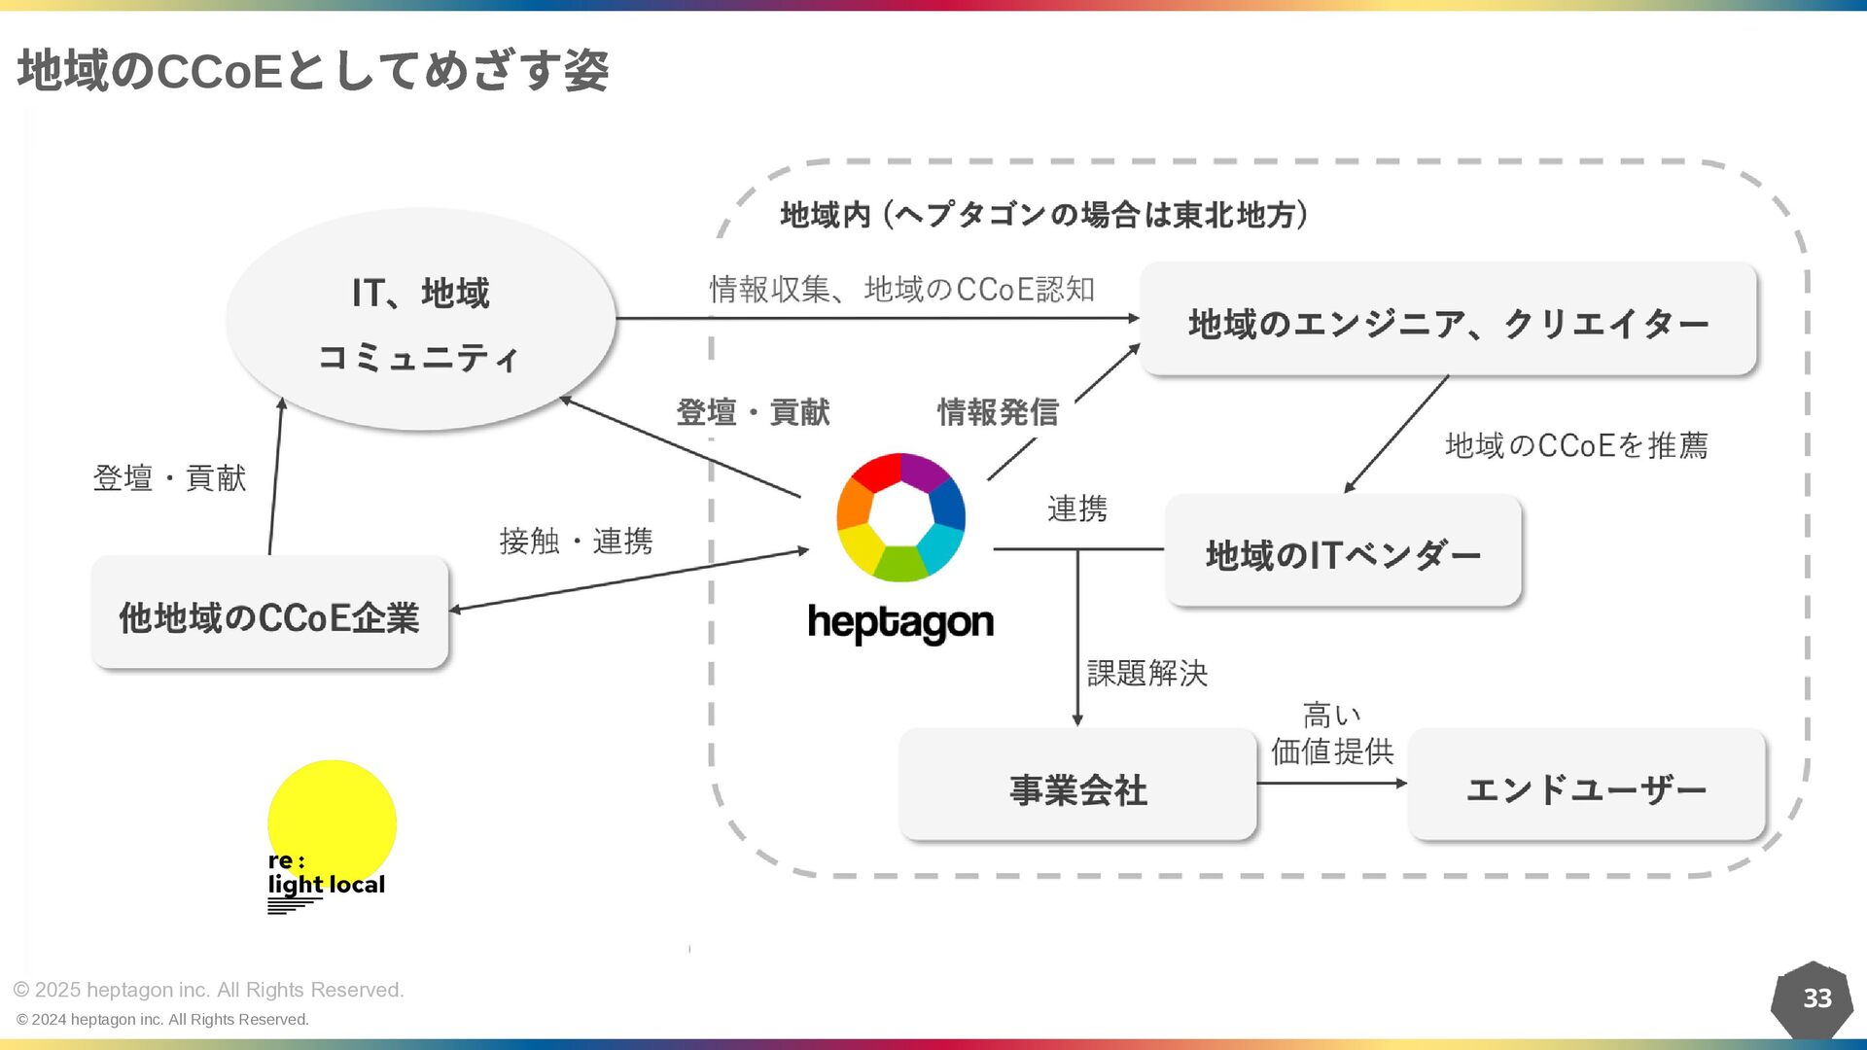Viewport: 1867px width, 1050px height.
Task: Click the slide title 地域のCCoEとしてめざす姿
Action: (x=313, y=71)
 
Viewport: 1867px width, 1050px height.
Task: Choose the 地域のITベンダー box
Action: (x=1343, y=552)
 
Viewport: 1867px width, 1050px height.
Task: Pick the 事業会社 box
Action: (x=1077, y=787)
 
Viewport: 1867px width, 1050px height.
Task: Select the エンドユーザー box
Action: (x=1586, y=787)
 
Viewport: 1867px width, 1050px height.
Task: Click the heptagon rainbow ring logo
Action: (x=900, y=517)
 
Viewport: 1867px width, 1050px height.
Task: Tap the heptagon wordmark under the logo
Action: (x=900, y=623)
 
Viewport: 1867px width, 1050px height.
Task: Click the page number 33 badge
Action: (x=1815, y=998)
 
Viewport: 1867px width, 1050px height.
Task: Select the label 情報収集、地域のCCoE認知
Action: (x=901, y=289)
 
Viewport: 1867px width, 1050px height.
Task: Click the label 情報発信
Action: (x=998, y=412)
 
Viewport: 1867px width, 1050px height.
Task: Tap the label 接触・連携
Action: (x=576, y=541)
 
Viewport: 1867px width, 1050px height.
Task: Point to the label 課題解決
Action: (x=1146, y=673)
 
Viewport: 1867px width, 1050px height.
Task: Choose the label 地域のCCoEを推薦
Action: (x=1576, y=445)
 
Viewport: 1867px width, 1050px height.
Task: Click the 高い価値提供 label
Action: (x=1332, y=734)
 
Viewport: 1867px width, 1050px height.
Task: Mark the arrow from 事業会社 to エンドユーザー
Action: (x=1331, y=783)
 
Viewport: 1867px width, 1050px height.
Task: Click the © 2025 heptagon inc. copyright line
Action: (x=208, y=990)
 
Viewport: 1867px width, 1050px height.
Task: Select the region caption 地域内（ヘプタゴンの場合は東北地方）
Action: (x=1044, y=214)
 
